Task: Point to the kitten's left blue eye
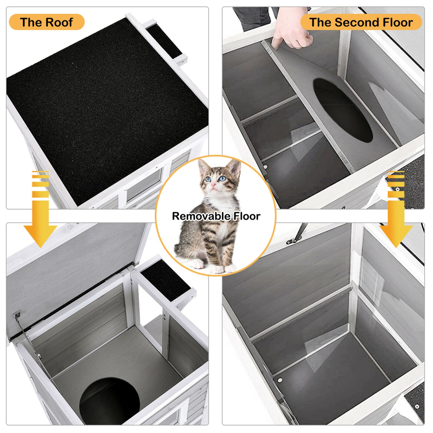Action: [x=208, y=179]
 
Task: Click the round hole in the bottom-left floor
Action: [x=110, y=401]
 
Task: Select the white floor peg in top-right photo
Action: [x=265, y=167]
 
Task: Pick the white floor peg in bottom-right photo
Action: [x=280, y=380]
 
